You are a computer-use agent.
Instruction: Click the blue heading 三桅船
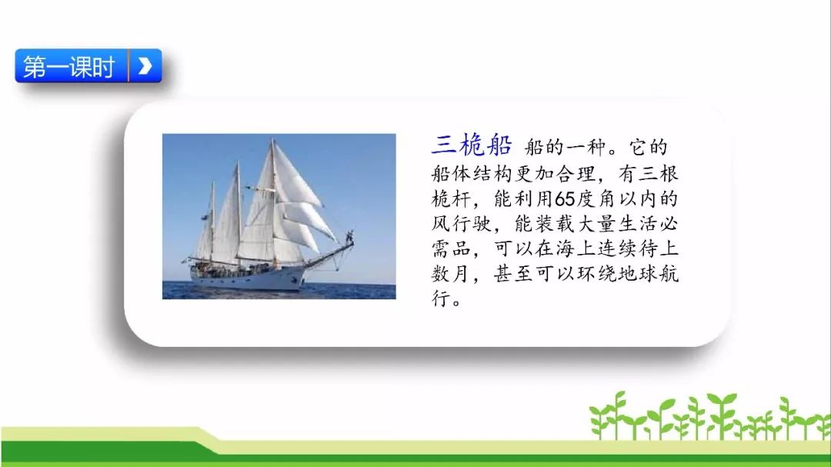(x=472, y=145)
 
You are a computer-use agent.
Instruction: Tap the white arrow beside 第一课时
(x=145, y=65)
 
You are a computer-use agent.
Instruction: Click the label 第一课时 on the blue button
(x=69, y=67)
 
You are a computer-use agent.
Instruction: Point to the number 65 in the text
(x=565, y=199)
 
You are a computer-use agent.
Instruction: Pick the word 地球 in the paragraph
(x=638, y=274)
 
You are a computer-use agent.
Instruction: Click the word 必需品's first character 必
(x=669, y=224)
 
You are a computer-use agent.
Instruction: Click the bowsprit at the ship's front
(x=329, y=255)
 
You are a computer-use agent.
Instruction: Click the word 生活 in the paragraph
(x=638, y=224)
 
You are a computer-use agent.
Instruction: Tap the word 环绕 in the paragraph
(x=597, y=274)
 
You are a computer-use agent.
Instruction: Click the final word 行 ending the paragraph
(x=441, y=299)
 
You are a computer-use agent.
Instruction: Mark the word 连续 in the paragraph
(x=617, y=249)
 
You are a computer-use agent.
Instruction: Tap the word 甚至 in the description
(x=513, y=274)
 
